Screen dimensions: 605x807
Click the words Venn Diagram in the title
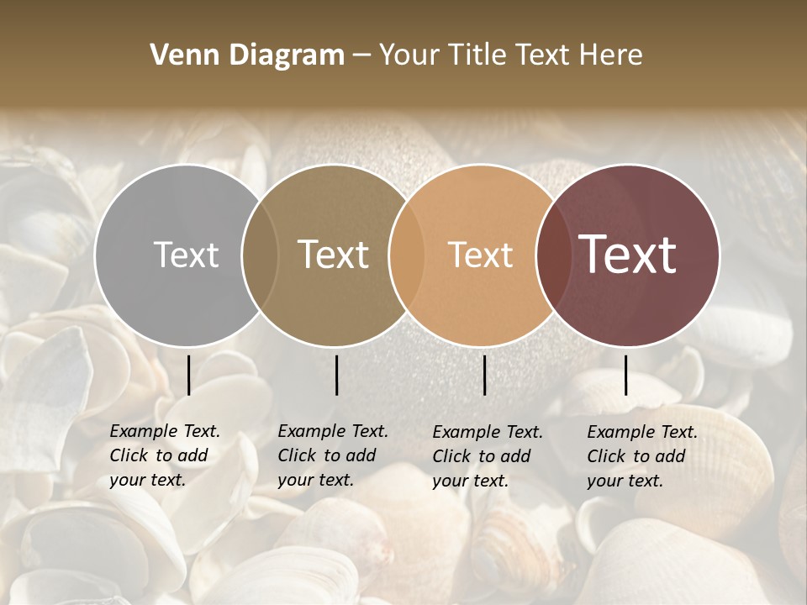tap(247, 55)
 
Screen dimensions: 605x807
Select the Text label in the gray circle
tap(186, 255)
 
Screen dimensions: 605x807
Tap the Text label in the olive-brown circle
tap(334, 255)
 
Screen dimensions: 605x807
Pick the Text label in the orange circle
tap(480, 255)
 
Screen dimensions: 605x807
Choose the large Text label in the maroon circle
tap(628, 255)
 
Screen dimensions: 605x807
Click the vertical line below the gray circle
tap(189, 375)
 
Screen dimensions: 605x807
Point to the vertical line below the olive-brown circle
tap(336, 375)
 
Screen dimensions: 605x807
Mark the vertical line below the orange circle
tap(484, 375)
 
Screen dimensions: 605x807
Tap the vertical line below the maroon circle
tap(626, 375)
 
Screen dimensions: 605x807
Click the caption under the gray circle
tap(165, 455)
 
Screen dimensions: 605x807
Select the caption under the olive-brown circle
tap(333, 455)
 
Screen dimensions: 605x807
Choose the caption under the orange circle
tap(488, 456)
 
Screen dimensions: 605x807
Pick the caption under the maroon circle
tap(642, 456)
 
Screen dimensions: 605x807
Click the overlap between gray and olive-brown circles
tap(260, 255)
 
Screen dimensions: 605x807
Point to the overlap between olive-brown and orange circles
tap(407, 255)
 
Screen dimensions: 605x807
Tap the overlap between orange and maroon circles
tap(555, 255)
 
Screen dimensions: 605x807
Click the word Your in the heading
tap(410, 55)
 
